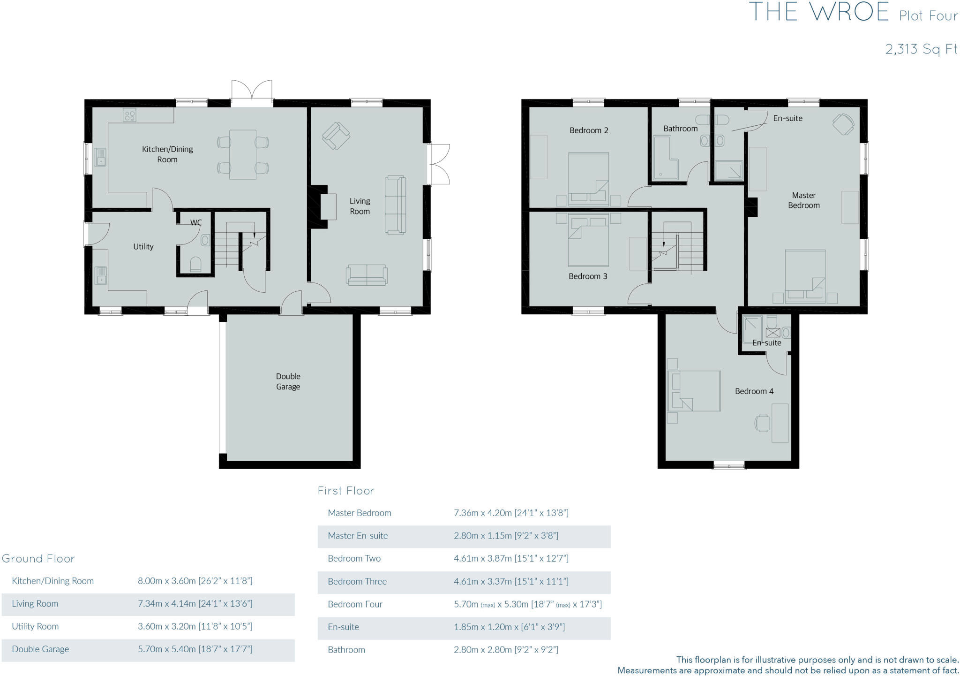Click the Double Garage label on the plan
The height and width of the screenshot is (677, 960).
pos(288,381)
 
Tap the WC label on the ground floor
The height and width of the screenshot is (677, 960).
pos(196,222)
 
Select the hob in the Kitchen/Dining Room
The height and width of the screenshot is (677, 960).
pos(130,115)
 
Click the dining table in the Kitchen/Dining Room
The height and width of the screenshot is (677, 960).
pos(243,155)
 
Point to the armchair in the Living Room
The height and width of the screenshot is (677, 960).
pos(336,136)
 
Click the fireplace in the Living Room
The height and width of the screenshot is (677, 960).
pos(328,207)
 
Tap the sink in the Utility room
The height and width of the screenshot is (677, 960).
pos(101,275)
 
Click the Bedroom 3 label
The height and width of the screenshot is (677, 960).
pos(588,276)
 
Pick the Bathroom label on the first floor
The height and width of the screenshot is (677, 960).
pos(680,129)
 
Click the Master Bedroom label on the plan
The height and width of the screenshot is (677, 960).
pos(803,200)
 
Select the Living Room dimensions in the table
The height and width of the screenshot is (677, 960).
pos(195,603)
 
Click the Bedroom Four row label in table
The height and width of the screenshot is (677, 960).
pos(355,604)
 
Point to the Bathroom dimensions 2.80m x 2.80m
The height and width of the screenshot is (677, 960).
pos(506,650)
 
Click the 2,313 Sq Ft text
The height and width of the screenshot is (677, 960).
pos(921,49)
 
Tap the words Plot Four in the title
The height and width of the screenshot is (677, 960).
pos(928,16)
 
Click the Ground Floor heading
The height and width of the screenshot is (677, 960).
pos(38,558)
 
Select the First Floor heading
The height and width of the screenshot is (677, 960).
pos(346,491)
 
